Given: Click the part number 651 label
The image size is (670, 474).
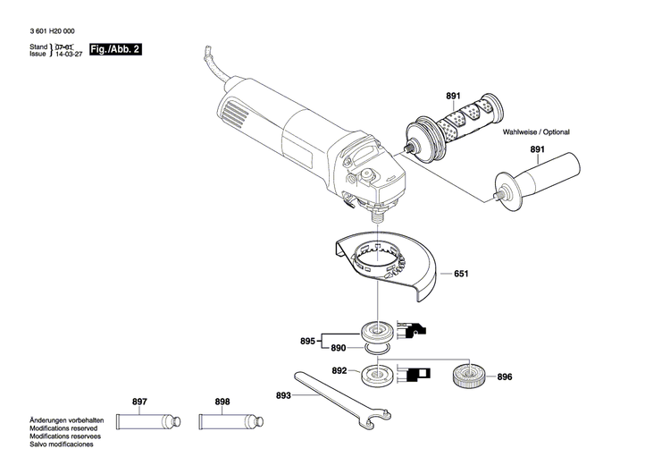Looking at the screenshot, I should (461, 274).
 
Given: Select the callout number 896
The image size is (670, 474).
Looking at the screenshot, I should (505, 377).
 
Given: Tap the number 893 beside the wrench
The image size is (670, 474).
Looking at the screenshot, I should (283, 395).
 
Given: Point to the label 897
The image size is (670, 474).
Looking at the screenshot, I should (139, 402).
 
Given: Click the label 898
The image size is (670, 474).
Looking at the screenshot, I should (222, 402).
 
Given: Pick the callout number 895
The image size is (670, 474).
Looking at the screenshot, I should (307, 341).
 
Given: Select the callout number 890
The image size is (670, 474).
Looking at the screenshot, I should (338, 347).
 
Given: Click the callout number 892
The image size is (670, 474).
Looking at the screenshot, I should (339, 370).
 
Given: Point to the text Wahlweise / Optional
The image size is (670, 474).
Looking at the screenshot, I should (536, 131).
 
